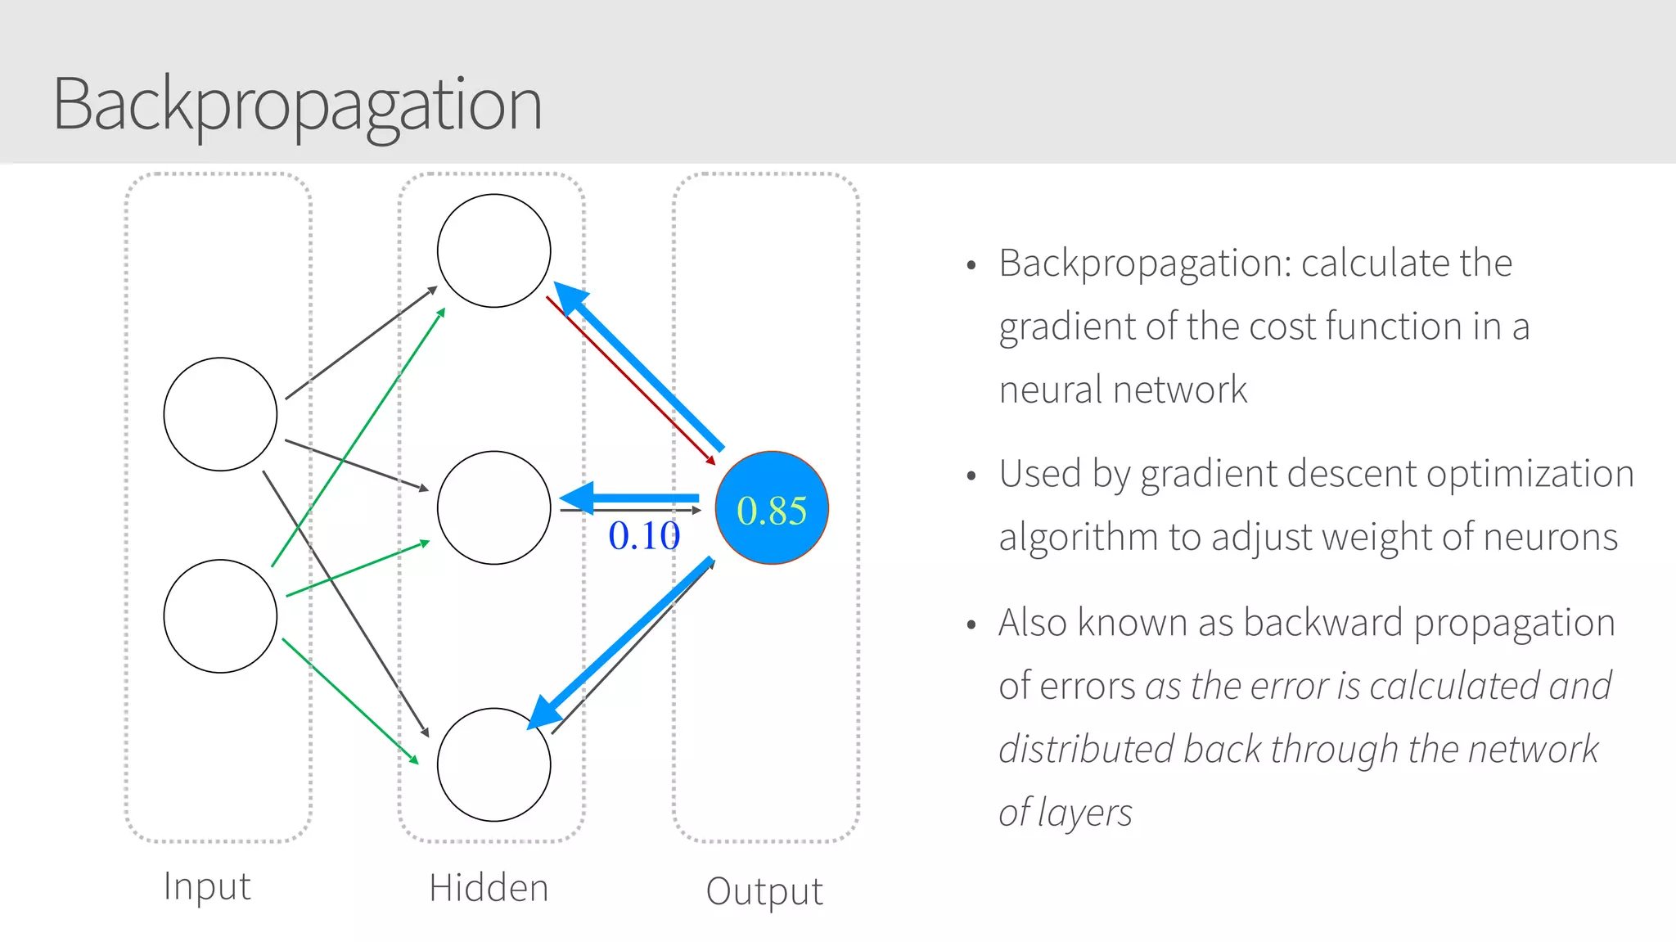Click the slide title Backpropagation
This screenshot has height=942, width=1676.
(297, 105)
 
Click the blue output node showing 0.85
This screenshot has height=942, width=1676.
(772, 508)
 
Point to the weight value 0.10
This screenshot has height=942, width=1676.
(644, 537)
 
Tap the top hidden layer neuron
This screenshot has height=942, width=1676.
(493, 250)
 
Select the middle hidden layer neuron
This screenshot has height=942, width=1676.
(493, 507)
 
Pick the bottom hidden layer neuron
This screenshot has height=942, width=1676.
(493, 764)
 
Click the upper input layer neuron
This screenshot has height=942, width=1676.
(220, 414)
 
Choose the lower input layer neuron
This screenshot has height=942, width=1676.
(220, 615)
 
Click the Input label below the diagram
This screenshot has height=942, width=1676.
(206, 886)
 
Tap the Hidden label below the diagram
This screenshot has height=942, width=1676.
(489, 889)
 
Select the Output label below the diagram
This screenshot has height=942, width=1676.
(764, 891)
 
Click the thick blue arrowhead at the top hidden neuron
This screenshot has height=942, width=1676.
(570, 296)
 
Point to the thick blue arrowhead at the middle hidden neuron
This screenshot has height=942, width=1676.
(579, 498)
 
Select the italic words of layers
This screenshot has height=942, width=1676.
(1065, 813)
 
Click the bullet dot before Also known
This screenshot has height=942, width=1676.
(971, 625)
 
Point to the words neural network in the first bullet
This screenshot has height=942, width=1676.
(1123, 390)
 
